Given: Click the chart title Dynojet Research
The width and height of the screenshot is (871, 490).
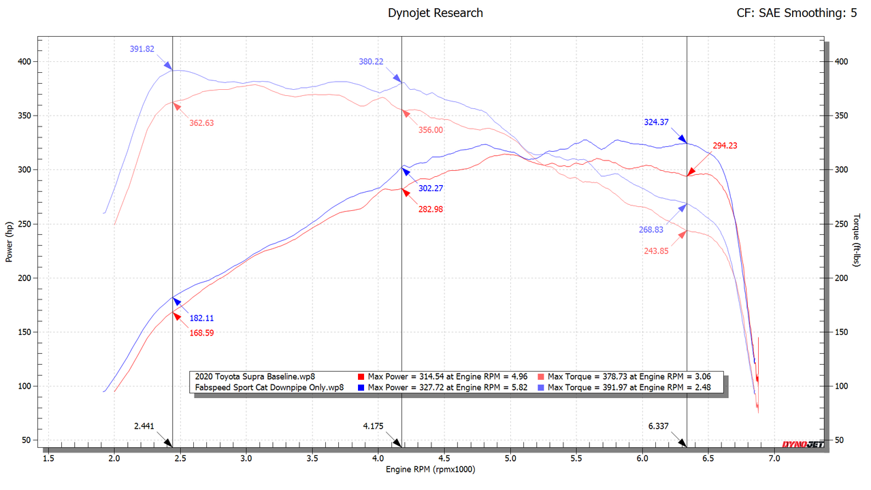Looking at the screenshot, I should click(435, 13).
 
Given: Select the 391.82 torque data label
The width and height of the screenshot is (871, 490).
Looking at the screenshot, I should click(142, 49).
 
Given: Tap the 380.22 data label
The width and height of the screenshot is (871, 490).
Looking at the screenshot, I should click(371, 61).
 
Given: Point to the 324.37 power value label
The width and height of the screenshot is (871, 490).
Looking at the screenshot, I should click(656, 122).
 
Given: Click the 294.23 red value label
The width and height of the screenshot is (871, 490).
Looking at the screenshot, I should click(725, 146).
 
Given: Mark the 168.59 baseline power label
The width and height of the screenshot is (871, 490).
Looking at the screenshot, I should click(202, 333).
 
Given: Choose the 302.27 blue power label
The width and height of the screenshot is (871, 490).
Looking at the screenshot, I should click(430, 189).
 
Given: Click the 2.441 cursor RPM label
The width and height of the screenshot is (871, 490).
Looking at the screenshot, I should click(144, 427).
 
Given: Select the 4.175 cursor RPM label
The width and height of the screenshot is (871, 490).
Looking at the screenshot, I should click(373, 427).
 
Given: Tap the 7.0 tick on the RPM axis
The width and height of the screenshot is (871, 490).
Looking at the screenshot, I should click(774, 459).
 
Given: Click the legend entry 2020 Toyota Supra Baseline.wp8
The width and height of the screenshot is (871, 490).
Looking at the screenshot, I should click(254, 376).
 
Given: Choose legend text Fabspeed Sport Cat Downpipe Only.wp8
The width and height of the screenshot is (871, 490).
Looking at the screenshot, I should click(269, 387).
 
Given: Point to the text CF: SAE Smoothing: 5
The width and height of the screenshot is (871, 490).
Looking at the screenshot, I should click(796, 13).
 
